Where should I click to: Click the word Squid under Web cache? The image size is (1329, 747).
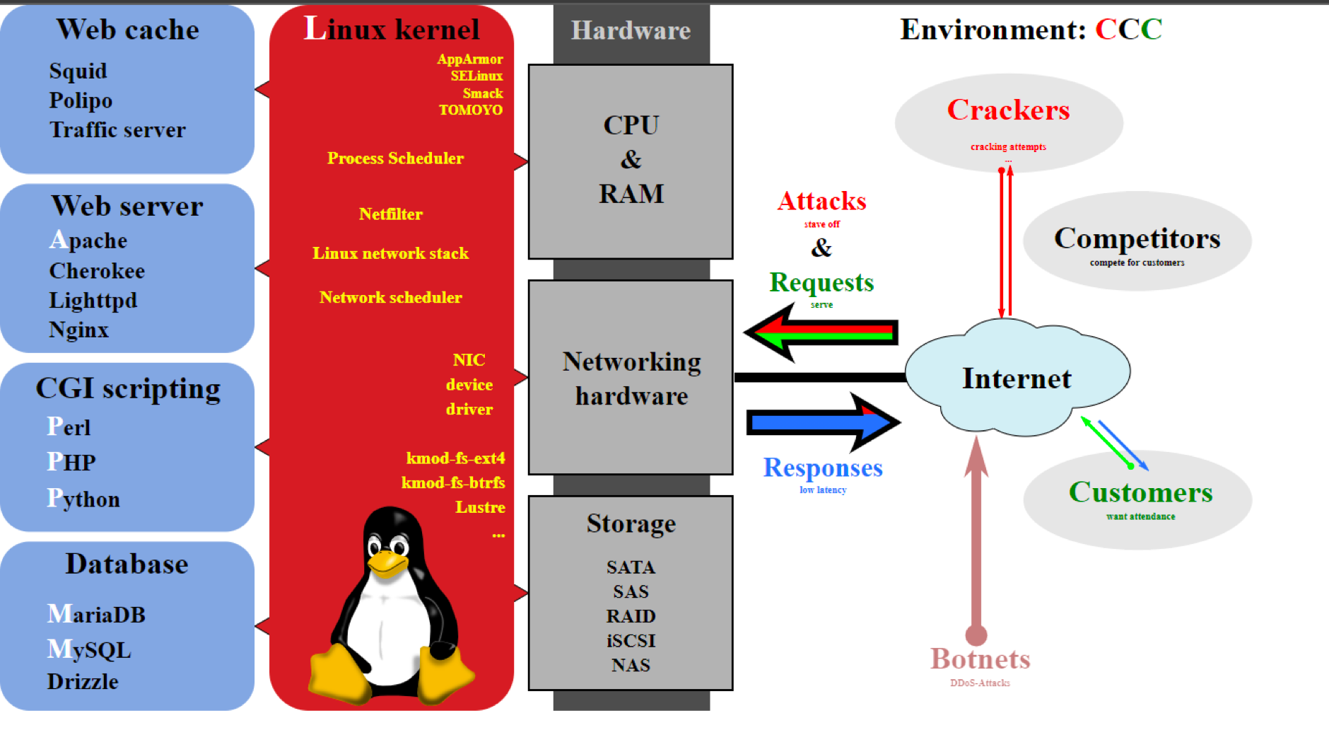pyautogui.click(x=78, y=71)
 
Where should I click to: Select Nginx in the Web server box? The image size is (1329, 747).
pyautogui.click(x=78, y=330)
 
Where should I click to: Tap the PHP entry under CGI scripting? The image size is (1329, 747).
pyautogui.click(x=71, y=462)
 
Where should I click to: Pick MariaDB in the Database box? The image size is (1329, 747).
pyautogui.click(x=96, y=614)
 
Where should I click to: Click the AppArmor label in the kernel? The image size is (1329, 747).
pyautogui.click(x=470, y=59)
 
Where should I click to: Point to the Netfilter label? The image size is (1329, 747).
pyautogui.click(x=390, y=214)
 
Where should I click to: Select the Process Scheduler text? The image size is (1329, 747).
pyautogui.click(x=395, y=158)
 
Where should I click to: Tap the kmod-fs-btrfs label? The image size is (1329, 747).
pyautogui.click(x=453, y=482)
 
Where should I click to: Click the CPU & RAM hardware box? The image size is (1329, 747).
pyautogui.click(x=631, y=161)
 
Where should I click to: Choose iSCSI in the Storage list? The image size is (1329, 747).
pyautogui.click(x=631, y=641)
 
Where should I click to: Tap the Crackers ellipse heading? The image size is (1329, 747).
pyautogui.click(x=1008, y=110)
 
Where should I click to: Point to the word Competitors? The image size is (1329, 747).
pyautogui.click(x=1137, y=238)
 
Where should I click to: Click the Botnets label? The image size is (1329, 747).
pyautogui.click(x=980, y=659)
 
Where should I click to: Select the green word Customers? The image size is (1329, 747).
pyautogui.click(x=1140, y=492)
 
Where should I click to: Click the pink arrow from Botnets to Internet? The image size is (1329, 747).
pyautogui.click(x=976, y=538)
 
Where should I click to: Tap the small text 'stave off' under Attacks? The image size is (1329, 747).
pyautogui.click(x=822, y=224)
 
